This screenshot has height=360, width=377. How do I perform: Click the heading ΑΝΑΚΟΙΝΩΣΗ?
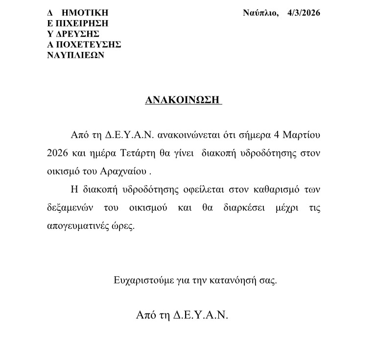coord(184,100)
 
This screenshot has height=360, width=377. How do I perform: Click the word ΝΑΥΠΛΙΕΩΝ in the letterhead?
coord(75,55)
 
